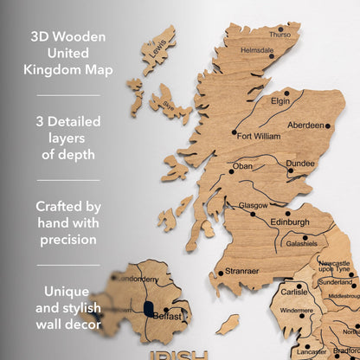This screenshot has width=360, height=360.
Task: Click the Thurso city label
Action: point(280,35)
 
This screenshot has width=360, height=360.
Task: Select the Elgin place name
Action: point(280,100)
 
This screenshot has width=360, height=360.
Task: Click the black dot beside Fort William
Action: point(234,133)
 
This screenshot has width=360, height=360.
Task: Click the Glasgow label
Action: point(253,206)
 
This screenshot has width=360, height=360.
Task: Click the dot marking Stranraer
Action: point(221,273)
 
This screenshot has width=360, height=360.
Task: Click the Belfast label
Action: point(168,317)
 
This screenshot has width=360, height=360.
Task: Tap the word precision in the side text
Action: point(67,240)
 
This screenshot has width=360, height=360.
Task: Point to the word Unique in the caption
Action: point(67,291)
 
